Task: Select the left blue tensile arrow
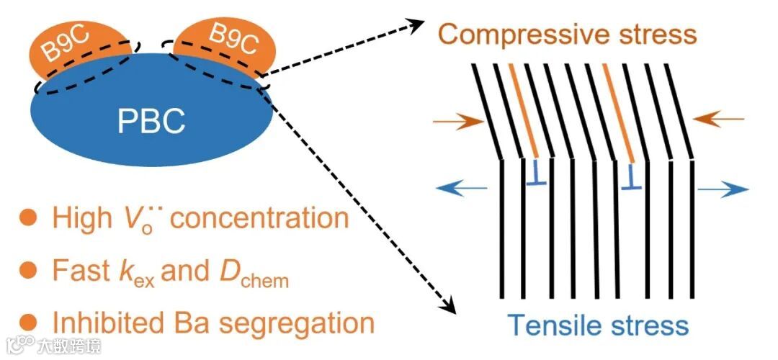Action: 459,188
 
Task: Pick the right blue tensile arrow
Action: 723,189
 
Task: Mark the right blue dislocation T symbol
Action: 632,175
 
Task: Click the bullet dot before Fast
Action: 27,270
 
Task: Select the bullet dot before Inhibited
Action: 27,321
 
